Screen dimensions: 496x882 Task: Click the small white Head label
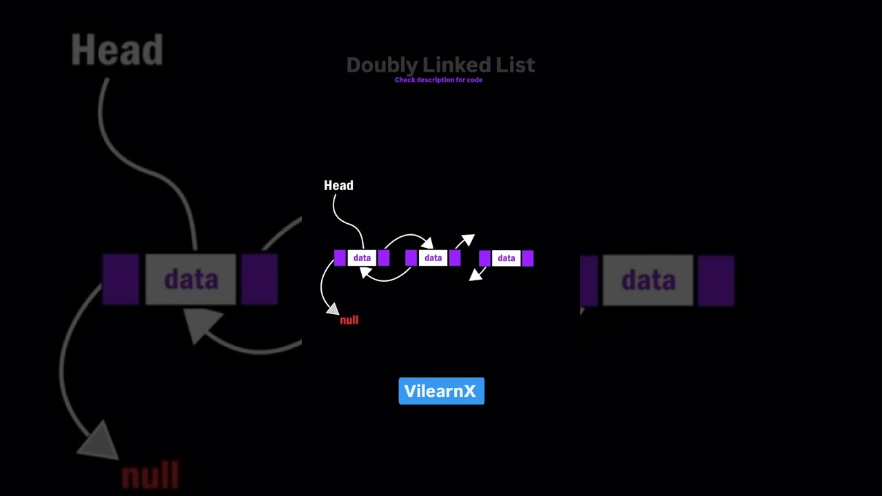pos(338,185)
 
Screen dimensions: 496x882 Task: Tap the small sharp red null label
pos(349,320)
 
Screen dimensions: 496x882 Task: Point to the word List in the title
pos(515,65)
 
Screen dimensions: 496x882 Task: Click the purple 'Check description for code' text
pos(438,80)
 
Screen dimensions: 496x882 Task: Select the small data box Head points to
pos(362,258)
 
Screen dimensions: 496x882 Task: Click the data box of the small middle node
pos(433,258)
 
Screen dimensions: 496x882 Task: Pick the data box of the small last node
pos(506,258)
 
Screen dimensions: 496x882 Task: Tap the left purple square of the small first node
pos(340,258)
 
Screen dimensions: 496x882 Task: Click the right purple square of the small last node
pos(528,258)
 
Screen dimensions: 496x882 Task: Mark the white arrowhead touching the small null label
pos(333,309)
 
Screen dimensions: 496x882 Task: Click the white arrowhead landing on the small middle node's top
pos(427,242)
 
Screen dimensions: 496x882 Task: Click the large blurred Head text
pos(116,50)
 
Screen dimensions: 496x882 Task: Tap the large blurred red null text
pos(150,476)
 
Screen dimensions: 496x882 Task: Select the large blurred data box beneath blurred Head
pos(191,280)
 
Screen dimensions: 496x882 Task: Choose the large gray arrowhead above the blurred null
pos(100,441)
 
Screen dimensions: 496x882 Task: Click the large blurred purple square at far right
pos(716,280)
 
